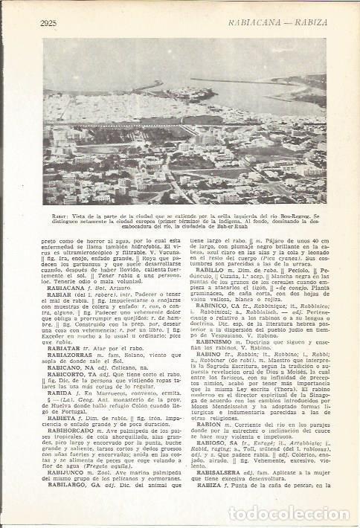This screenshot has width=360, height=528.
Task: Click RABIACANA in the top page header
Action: click(231, 24)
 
